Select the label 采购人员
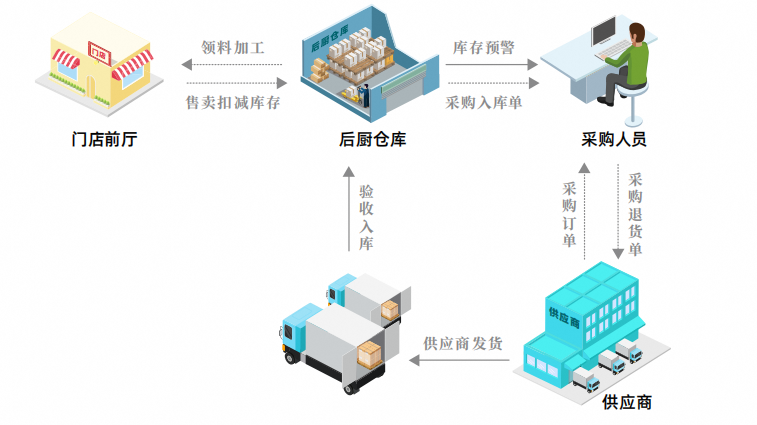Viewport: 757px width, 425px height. click(x=614, y=140)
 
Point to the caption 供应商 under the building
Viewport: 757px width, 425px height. click(x=628, y=402)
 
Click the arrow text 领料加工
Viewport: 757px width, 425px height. click(x=232, y=47)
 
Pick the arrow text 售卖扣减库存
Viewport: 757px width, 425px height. click(x=232, y=102)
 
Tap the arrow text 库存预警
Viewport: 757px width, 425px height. click(x=483, y=47)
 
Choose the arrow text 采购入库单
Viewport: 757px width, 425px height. click(x=483, y=102)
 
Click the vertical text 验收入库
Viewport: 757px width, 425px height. click(x=367, y=216)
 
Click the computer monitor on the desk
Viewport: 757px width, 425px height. click(x=607, y=36)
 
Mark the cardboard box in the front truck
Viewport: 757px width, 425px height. click(x=370, y=353)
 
